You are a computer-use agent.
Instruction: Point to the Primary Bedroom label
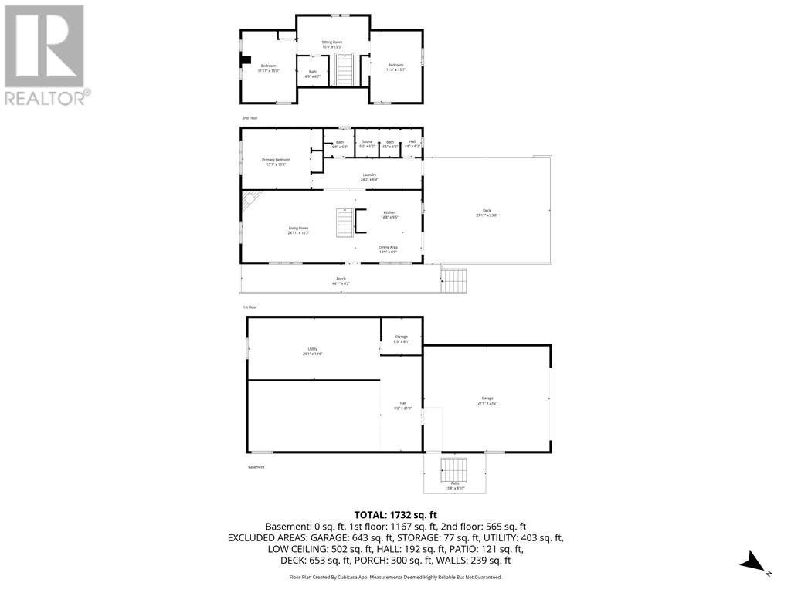276,161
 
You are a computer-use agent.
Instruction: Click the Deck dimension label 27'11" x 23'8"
487,217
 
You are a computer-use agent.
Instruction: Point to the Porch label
341,281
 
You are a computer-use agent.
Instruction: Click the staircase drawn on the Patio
454,469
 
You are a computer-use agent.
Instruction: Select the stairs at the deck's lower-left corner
455,280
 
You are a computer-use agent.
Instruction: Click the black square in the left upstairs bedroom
246,61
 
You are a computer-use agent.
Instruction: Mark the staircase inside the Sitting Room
344,69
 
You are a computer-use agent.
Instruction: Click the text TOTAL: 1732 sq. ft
395,514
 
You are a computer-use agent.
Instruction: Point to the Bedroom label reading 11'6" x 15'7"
395,66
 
